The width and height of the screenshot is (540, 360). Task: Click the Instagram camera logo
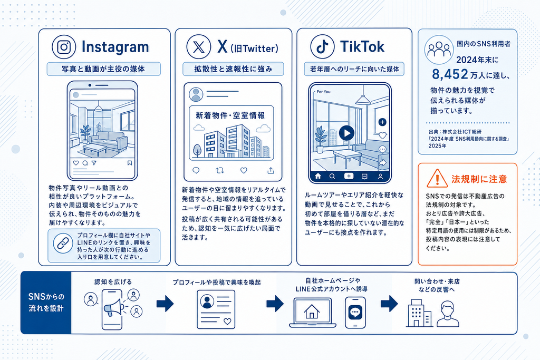coord(64,47)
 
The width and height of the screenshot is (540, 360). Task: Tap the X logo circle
coord(198,47)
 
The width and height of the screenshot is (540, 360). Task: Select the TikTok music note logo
coord(322,47)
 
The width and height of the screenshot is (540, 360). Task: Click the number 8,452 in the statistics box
coord(450,74)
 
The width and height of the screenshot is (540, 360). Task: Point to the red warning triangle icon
coord(437,178)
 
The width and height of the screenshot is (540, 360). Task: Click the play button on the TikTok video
coord(346,133)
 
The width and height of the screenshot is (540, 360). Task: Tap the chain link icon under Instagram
coord(63,244)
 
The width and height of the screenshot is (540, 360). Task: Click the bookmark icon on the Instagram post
coord(130,163)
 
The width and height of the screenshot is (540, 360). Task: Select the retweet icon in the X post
coord(220,170)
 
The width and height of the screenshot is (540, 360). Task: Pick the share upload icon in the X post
coord(271,170)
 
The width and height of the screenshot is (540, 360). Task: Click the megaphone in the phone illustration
coord(113,307)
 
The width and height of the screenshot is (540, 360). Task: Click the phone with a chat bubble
coord(355,313)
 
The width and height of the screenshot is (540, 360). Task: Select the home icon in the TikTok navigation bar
coord(318,176)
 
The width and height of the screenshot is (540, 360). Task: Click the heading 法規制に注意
coord(479,179)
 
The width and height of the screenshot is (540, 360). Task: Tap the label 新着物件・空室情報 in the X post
coord(230,115)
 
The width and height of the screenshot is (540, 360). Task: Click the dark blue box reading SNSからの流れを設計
coord(46,303)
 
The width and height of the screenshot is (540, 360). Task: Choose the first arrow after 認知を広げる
coord(165,304)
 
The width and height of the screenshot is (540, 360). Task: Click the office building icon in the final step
coord(419,313)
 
